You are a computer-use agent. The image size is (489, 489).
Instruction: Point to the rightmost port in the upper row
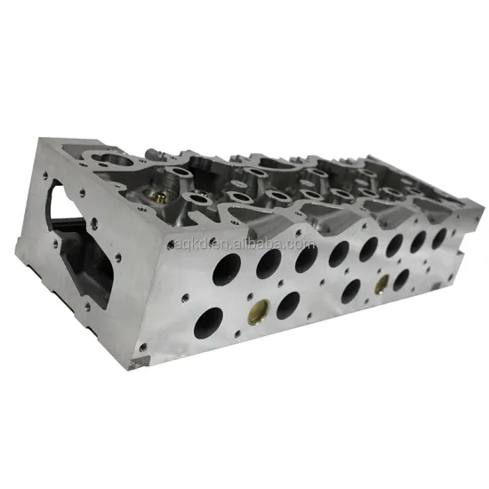(x=439, y=236)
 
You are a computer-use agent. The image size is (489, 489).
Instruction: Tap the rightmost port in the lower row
(x=402, y=279)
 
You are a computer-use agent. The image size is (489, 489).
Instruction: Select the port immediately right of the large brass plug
(x=288, y=304)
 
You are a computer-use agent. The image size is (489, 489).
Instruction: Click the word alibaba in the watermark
(x=191, y=245)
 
